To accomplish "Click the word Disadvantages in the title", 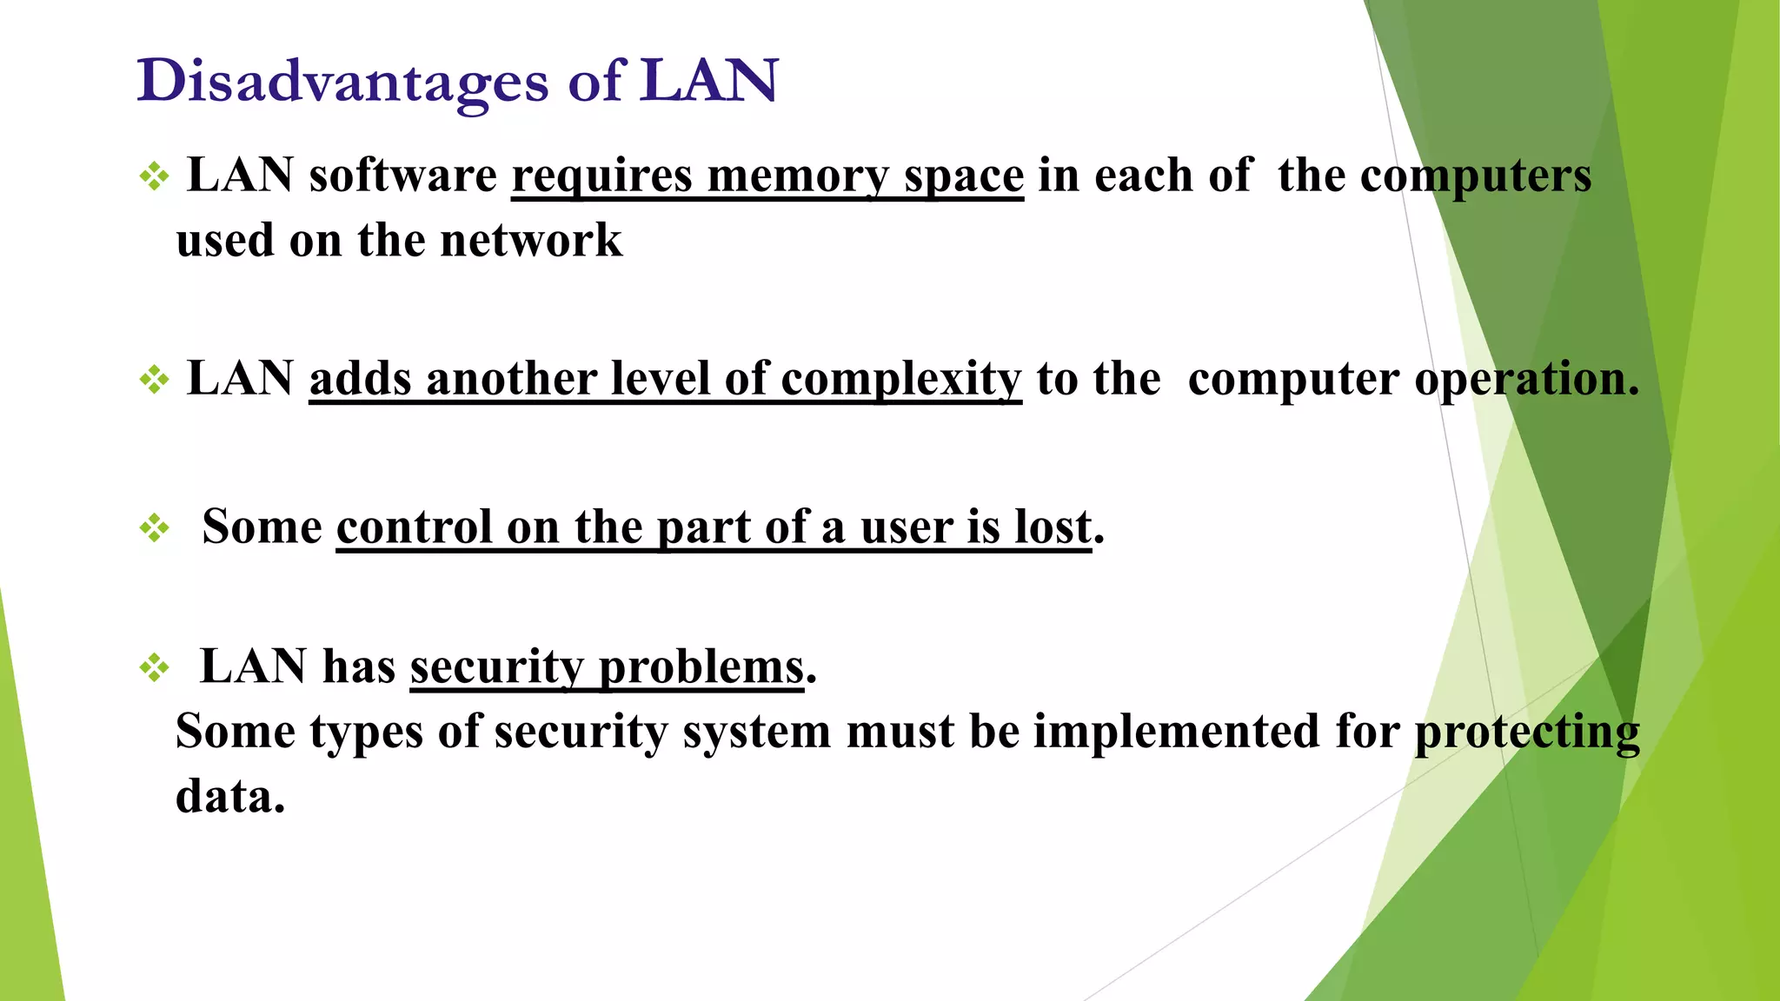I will click(x=342, y=82).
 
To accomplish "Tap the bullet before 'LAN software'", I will click(x=154, y=177).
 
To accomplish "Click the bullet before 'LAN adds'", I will click(x=154, y=380).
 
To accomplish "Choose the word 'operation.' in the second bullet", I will click(x=1526, y=380).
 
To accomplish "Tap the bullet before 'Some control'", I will click(x=154, y=527).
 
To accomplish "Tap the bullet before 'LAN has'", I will click(x=154, y=667).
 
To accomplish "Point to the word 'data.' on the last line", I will click(x=230, y=795).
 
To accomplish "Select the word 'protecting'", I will click(x=1527, y=733).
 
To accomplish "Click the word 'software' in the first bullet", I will click(x=403, y=176).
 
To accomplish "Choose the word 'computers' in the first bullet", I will click(x=1476, y=176).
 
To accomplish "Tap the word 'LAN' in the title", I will click(x=708, y=82).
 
